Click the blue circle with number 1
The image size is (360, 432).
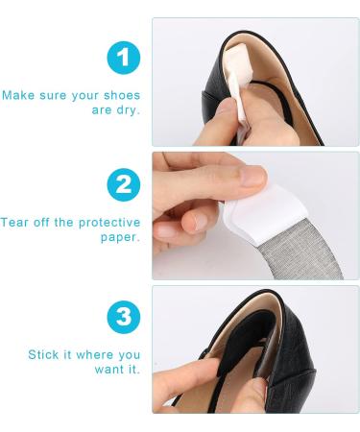click(x=123, y=60)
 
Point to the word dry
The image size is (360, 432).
click(x=129, y=109)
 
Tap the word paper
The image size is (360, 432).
click(x=120, y=237)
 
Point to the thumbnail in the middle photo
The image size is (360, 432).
click(x=252, y=177)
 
